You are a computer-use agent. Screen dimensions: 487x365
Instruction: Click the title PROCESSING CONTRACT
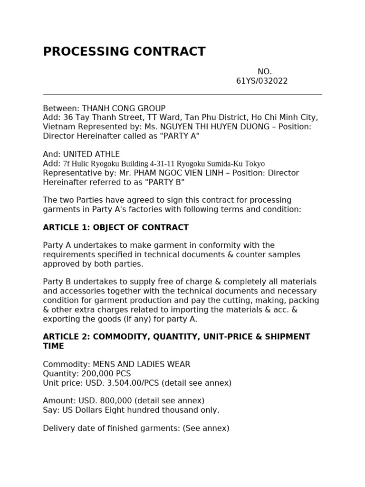[x=124, y=51]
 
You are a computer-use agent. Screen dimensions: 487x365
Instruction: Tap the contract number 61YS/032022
[x=262, y=81]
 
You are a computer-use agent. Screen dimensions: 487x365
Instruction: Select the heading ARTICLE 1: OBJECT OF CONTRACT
[x=115, y=227]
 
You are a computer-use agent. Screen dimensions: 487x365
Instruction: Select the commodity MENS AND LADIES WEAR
[x=141, y=364]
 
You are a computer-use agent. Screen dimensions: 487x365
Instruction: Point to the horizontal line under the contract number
[x=182, y=95]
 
